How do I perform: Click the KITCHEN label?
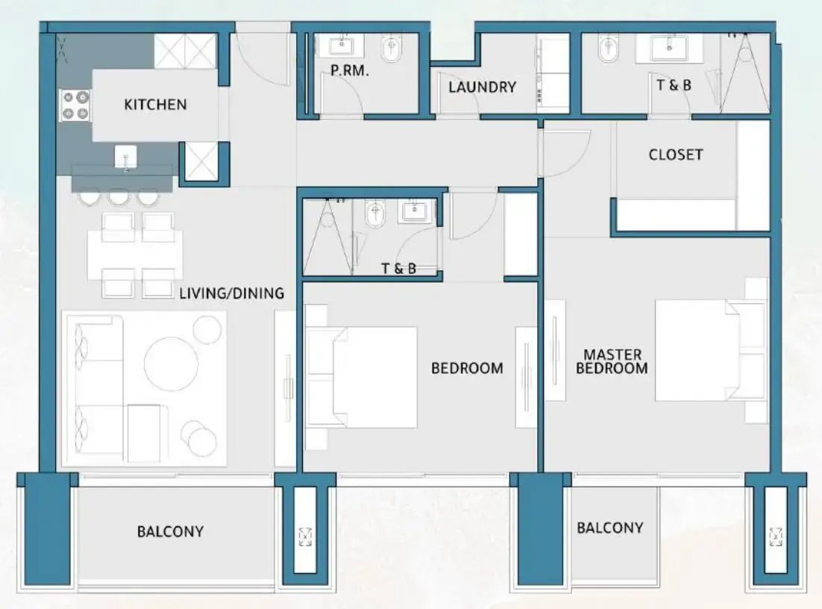[155, 104]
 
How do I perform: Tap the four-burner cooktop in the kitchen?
[75, 104]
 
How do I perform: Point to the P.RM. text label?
[350, 72]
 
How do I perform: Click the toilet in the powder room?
[390, 50]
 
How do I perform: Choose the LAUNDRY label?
[483, 87]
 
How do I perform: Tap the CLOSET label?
[676, 154]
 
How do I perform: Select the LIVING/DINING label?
[231, 293]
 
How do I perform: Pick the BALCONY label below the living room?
[170, 531]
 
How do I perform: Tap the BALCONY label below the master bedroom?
[609, 528]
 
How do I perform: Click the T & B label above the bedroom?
[399, 269]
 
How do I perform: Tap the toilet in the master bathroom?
[607, 50]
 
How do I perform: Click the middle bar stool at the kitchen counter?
[119, 197]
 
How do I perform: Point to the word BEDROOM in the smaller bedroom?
[467, 368]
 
